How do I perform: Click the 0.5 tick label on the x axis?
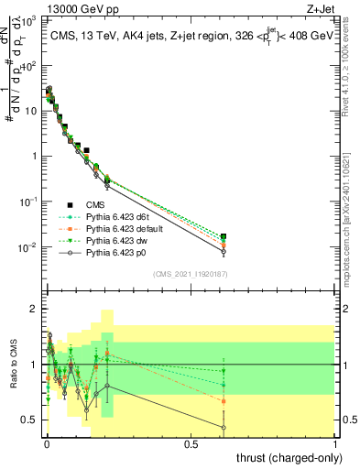coord(191,444)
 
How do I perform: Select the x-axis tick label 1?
coord(336,444)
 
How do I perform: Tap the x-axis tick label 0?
coord(46,444)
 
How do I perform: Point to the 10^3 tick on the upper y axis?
coord(31,20)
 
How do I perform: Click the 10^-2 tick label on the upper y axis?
coord(29,247)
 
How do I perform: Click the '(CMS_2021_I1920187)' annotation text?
coord(191,274)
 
